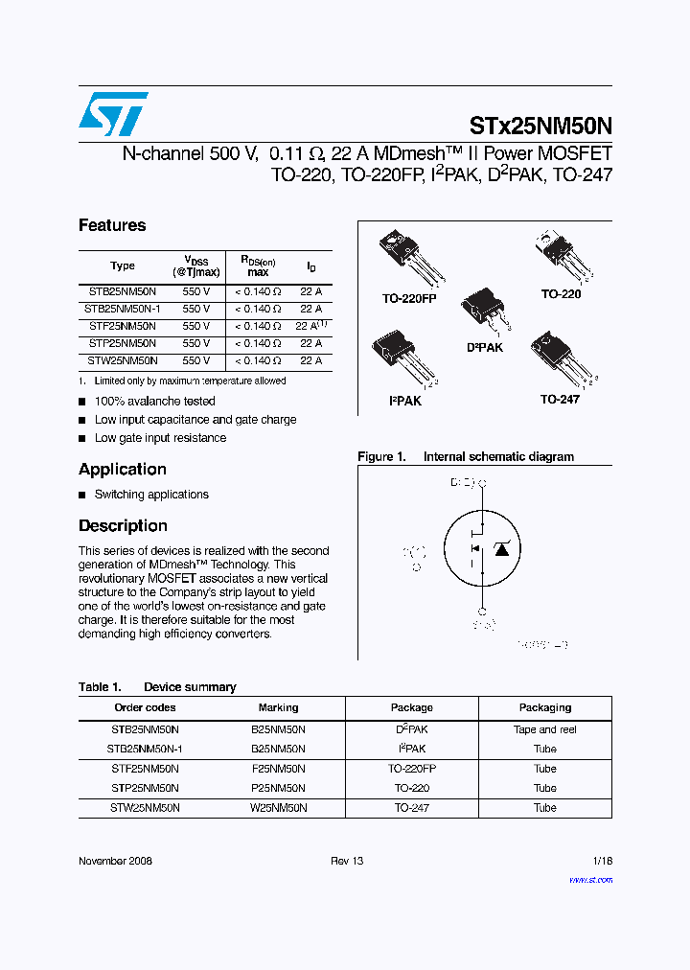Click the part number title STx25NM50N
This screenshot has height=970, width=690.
tap(540, 125)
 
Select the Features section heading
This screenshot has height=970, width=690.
tap(112, 225)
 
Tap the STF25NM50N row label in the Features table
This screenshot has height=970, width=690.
tap(123, 326)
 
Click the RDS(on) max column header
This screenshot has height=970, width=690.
tap(257, 266)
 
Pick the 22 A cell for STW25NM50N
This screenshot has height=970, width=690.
tap(310, 360)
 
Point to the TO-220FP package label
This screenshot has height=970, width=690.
tap(409, 299)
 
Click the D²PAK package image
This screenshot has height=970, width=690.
tap(485, 312)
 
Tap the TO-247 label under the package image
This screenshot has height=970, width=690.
tap(560, 399)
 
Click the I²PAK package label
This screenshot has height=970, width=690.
tap(404, 401)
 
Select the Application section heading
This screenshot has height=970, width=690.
tap(123, 470)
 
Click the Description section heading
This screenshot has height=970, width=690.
tap(123, 526)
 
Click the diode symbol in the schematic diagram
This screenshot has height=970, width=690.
tap(501, 547)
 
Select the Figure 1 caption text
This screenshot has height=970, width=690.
tap(466, 457)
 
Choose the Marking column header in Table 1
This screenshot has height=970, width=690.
tap(278, 707)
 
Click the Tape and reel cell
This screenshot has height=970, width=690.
tap(544, 729)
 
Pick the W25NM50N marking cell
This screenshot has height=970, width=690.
tap(278, 808)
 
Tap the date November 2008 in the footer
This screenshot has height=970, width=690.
tap(115, 861)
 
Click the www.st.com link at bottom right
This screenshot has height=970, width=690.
tap(590, 880)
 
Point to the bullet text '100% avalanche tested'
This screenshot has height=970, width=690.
tap(154, 402)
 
